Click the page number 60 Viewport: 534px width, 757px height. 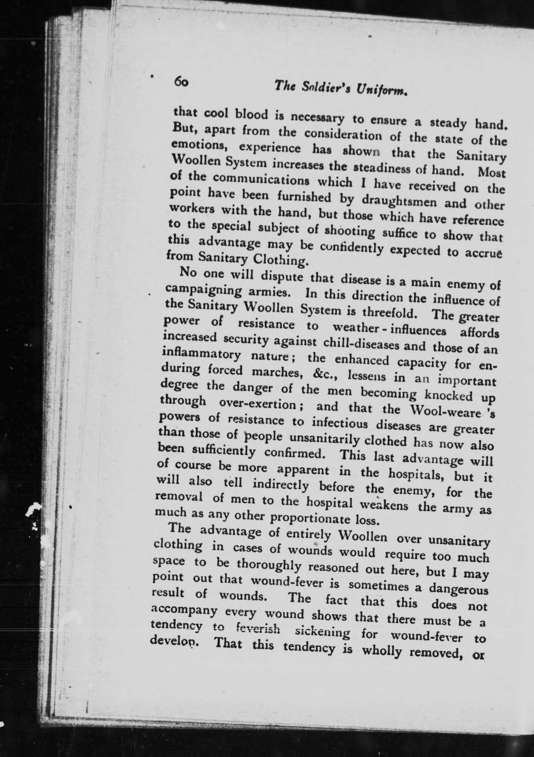pos(181,81)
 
